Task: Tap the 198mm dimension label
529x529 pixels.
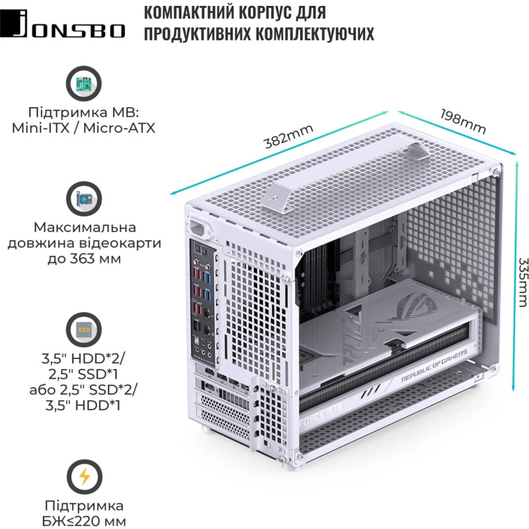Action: click(x=462, y=118)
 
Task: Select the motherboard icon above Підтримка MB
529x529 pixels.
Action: click(x=84, y=84)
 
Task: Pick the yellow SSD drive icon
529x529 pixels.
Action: click(x=84, y=329)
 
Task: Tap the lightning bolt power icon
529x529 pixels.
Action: click(x=84, y=477)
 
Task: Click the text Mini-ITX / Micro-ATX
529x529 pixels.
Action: click(x=83, y=127)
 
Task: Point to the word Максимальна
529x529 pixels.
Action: click(x=83, y=227)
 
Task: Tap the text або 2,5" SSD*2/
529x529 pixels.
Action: click(x=83, y=388)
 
